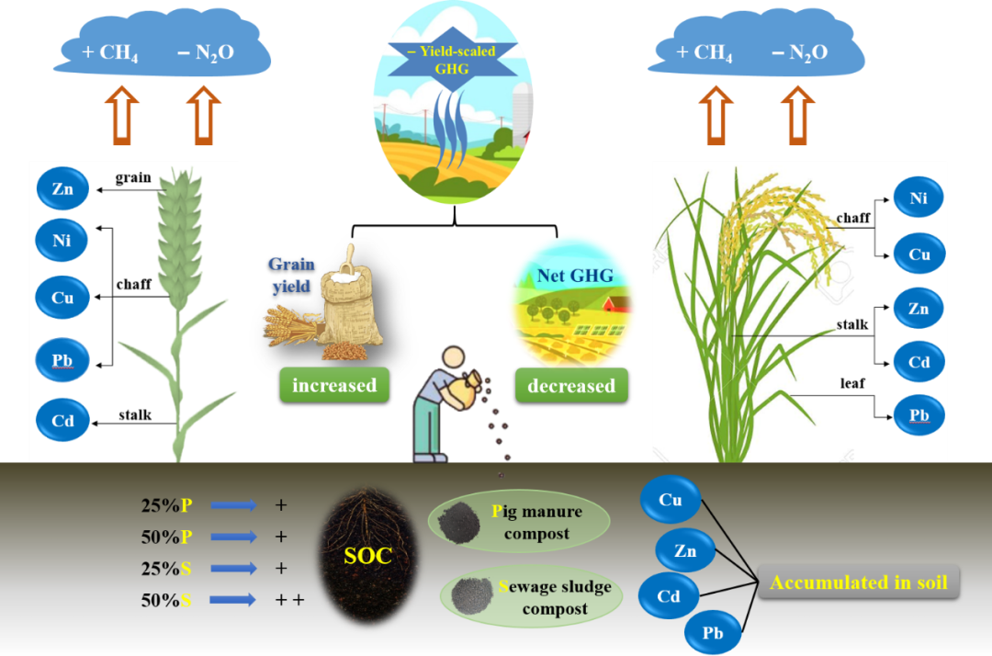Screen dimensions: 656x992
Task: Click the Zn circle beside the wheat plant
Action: [x=62, y=189]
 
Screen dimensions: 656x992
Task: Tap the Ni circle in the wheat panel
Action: [x=62, y=241]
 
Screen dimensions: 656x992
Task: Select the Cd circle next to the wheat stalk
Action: [x=62, y=421]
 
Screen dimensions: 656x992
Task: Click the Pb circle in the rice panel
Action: [x=919, y=415]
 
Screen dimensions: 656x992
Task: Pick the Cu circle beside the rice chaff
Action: [x=919, y=254]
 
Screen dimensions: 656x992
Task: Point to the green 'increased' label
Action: [x=334, y=385]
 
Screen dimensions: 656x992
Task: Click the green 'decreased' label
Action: [x=571, y=385]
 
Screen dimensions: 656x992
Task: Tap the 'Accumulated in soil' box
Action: [x=859, y=582]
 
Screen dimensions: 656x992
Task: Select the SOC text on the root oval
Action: [x=367, y=555]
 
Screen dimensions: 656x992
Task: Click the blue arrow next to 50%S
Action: [x=232, y=600]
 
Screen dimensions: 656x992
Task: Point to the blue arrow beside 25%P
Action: [x=232, y=504]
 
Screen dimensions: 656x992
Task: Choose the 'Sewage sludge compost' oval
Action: [x=531, y=595]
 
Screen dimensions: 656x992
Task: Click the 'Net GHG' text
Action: [x=575, y=273]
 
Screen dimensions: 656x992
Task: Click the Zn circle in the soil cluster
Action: [x=685, y=551]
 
